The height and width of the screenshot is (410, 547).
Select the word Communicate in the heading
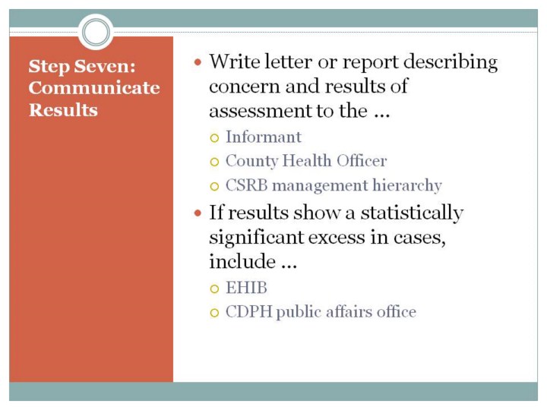[94, 87]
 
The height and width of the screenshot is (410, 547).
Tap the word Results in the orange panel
[63, 110]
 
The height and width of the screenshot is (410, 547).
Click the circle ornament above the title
[96, 32]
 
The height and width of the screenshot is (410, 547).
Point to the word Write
[235, 61]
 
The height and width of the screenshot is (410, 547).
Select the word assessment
[261, 111]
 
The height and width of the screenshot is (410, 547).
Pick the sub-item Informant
[264, 137]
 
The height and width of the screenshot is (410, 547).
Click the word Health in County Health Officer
[307, 161]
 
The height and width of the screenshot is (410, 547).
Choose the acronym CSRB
[247, 185]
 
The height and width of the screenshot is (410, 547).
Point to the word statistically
[412, 213]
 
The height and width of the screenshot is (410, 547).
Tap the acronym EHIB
[246, 288]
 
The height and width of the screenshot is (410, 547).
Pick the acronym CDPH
[248, 312]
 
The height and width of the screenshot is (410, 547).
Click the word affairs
[343, 312]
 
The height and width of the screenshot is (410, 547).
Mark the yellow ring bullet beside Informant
[214, 138]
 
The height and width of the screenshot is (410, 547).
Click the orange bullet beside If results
[198, 213]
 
